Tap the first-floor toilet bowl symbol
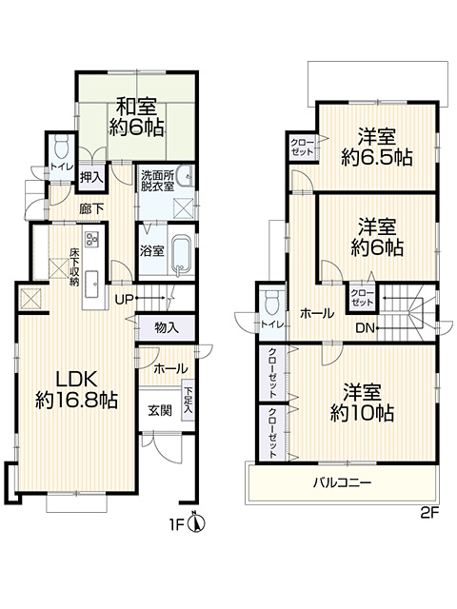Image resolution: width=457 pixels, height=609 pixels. [x=62, y=147]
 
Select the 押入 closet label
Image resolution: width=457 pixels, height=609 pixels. [x=91, y=178]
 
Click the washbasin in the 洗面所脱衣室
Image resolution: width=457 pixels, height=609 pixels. [x=185, y=176]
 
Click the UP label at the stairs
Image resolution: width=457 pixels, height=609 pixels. [x=124, y=299]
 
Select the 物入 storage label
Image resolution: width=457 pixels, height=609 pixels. [x=167, y=327]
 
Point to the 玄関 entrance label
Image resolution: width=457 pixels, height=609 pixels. [x=160, y=410]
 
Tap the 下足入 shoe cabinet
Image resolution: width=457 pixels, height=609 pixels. [x=189, y=400]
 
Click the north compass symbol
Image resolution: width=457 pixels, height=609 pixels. [x=197, y=524]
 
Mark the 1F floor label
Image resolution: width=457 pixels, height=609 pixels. [x=176, y=525]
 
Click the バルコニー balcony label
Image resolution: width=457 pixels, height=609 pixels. [x=343, y=482]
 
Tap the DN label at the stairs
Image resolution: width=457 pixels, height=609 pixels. [x=366, y=328]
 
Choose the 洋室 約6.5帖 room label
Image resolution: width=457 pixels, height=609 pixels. [x=377, y=147]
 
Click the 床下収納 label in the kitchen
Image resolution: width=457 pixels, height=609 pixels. [x=74, y=266]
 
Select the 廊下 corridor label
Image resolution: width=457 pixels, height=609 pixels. [x=91, y=209]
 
